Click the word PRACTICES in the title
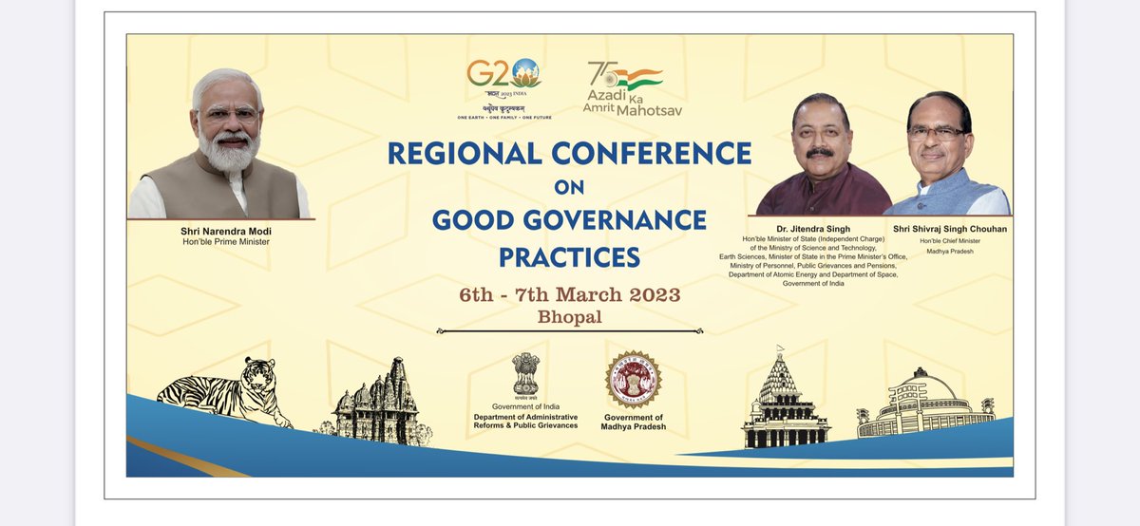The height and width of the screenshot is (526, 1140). pyautogui.click(x=569, y=257)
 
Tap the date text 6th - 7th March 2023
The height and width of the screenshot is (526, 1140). pyautogui.click(x=569, y=294)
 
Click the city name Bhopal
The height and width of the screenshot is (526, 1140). pyautogui.click(x=569, y=317)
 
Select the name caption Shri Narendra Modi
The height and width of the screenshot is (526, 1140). pyautogui.click(x=224, y=230)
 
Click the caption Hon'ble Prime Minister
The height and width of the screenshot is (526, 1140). pyautogui.click(x=224, y=242)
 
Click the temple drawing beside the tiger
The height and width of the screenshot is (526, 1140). pyautogui.click(x=377, y=404)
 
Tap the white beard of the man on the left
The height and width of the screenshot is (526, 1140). pyautogui.click(x=229, y=152)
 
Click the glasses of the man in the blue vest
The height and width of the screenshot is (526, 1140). pyautogui.click(x=935, y=134)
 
